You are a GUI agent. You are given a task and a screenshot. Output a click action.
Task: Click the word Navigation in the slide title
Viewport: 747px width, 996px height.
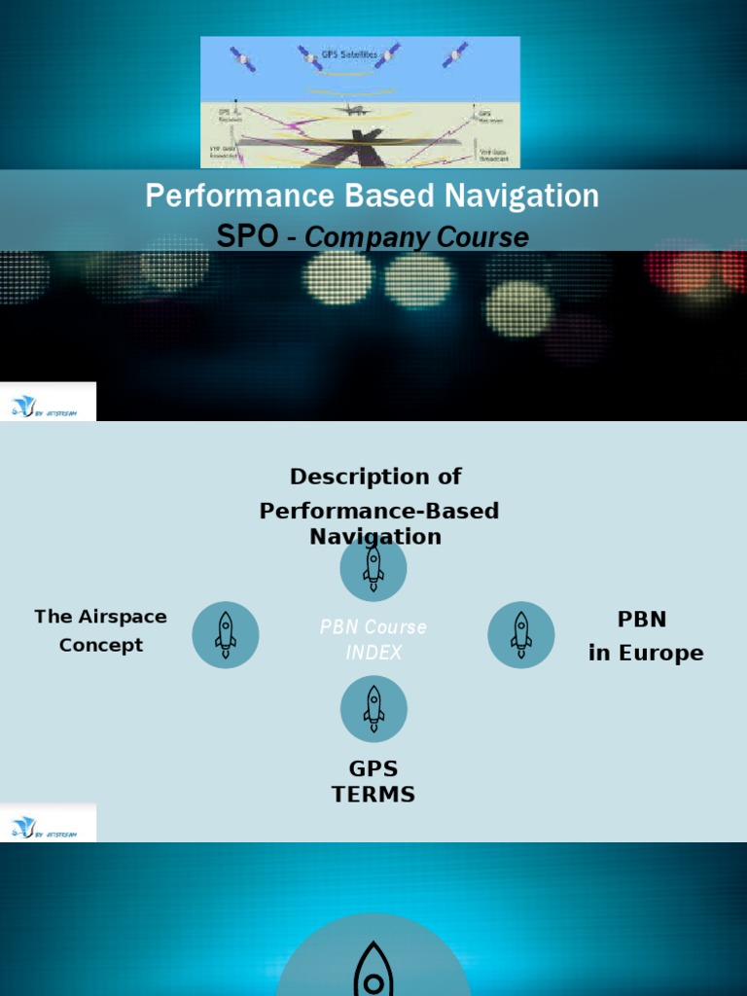click(522, 196)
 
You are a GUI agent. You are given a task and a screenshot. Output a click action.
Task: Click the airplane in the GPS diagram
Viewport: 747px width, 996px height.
click(350, 110)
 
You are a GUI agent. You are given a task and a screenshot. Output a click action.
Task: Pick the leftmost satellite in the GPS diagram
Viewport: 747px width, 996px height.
click(242, 57)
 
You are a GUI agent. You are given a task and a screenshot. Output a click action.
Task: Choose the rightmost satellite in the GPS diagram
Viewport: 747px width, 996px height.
click(454, 55)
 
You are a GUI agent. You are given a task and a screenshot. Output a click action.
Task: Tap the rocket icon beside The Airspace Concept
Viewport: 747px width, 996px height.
click(226, 634)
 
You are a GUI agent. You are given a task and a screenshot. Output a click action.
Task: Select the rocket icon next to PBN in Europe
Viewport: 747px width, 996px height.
click(521, 634)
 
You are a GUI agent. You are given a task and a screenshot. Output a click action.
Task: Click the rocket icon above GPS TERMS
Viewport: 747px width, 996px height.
click(373, 708)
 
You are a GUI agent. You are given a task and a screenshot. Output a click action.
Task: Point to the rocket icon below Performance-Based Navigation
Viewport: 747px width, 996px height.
click(373, 568)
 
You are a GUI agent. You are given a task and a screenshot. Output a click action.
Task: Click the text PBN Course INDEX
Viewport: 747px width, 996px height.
click(373, 640)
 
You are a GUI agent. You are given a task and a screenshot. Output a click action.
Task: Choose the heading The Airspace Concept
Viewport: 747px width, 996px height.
click(101, 630)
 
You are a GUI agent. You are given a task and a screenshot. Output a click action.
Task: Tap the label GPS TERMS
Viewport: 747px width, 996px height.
click(373, 782)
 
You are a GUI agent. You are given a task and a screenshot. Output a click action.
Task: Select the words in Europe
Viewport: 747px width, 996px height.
click(646, 654)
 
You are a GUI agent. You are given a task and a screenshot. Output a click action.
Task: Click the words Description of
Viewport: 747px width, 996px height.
click(375, 477)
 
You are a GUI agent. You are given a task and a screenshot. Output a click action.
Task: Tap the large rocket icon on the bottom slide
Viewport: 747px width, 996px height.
click(373, 968)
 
